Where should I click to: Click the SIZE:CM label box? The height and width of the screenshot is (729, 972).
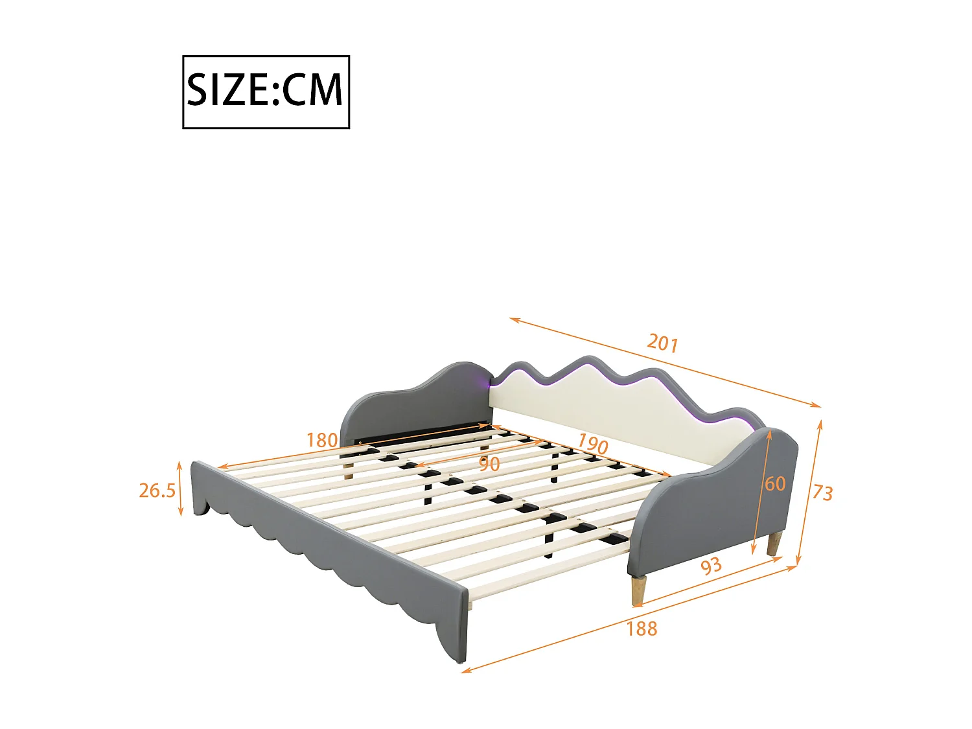point(266,91)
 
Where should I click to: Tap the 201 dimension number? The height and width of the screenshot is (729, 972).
point(662,342)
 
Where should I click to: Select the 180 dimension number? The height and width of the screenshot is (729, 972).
point(322,441)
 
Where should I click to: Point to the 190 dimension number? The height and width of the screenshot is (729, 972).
point(592,444)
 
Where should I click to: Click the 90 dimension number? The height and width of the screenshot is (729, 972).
point(489,464)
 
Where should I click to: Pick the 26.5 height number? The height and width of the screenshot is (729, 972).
point(157,491)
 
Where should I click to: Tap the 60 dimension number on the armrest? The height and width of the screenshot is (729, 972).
point(775,483)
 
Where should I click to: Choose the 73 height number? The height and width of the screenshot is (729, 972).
point(822,492)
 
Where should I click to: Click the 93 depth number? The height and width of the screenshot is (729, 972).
point(711,566)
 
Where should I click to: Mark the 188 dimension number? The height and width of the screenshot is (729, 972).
point(642,629)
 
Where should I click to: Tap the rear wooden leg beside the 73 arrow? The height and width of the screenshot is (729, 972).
point(774,544)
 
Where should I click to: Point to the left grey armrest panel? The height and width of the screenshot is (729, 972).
point(415,399)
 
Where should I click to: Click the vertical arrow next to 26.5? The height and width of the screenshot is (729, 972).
point(180,489)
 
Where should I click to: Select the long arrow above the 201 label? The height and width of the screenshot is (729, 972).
point(664,363)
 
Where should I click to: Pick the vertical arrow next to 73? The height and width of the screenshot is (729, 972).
point(810,492)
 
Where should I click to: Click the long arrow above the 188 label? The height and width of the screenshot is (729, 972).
point(629,619)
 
